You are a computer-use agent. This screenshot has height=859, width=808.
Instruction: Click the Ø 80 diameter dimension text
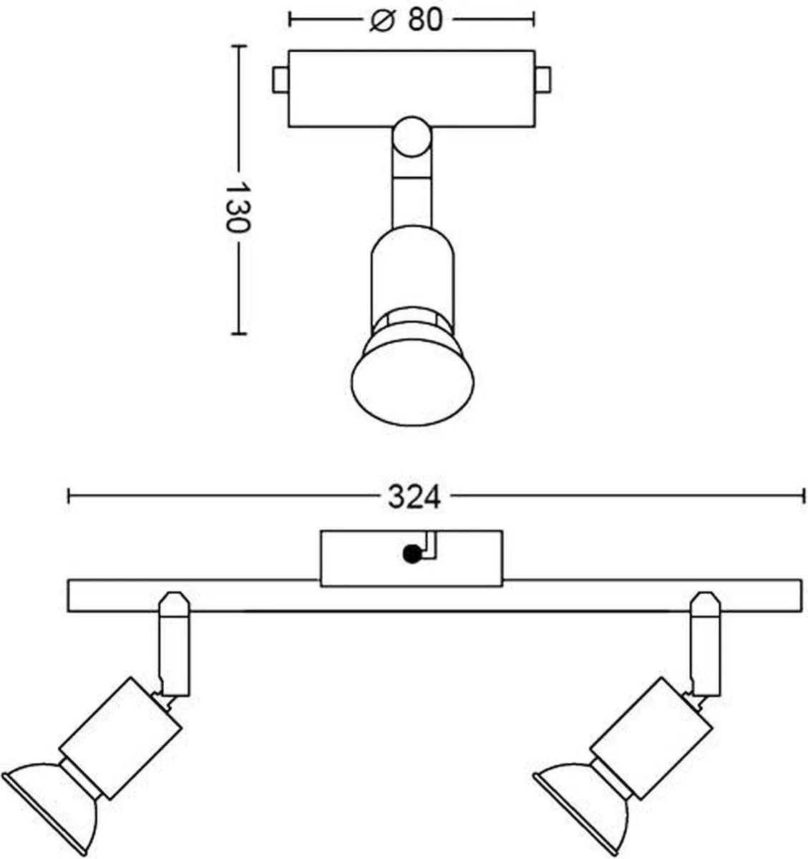[x=407, y=20]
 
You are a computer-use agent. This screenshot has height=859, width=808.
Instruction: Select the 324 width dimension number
[x=414, y=498]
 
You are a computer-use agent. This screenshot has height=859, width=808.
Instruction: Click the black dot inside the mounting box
[x=412, y=554]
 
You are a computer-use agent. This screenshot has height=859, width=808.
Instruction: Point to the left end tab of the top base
[x=281, y=79]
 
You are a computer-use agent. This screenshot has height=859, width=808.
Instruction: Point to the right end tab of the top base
[x=542, y=79]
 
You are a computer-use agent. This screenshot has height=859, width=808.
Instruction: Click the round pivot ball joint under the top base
[x=412, y=136]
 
